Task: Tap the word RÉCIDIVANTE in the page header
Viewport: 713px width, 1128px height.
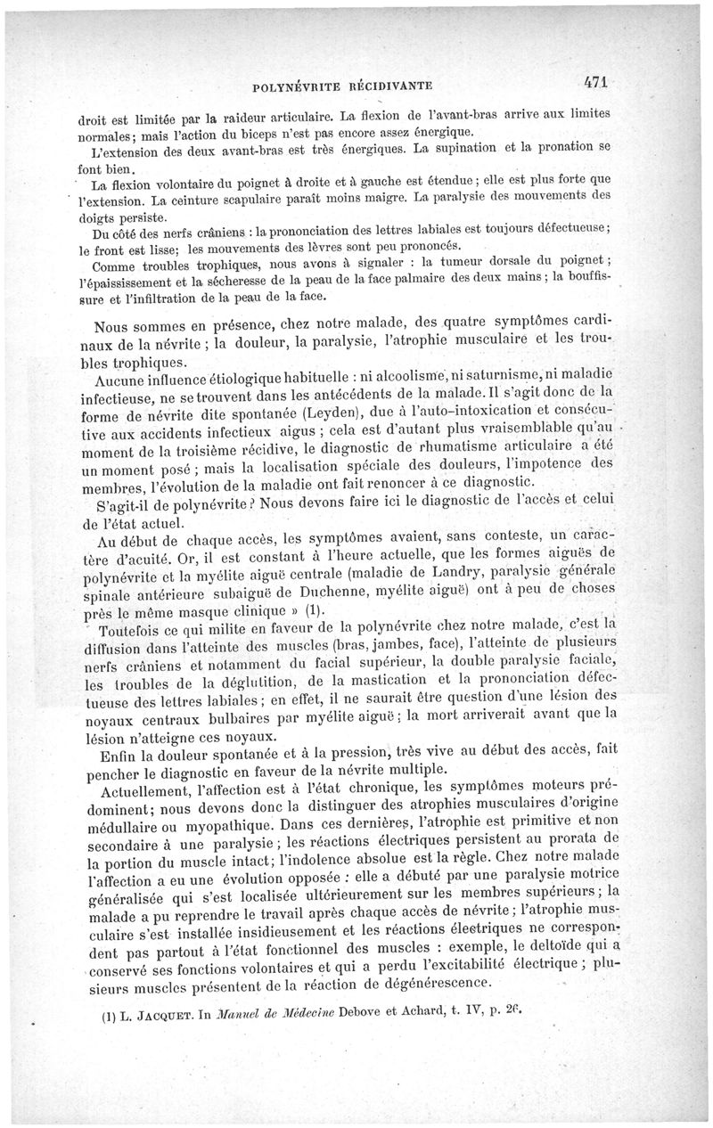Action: [x=390, y=86]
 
